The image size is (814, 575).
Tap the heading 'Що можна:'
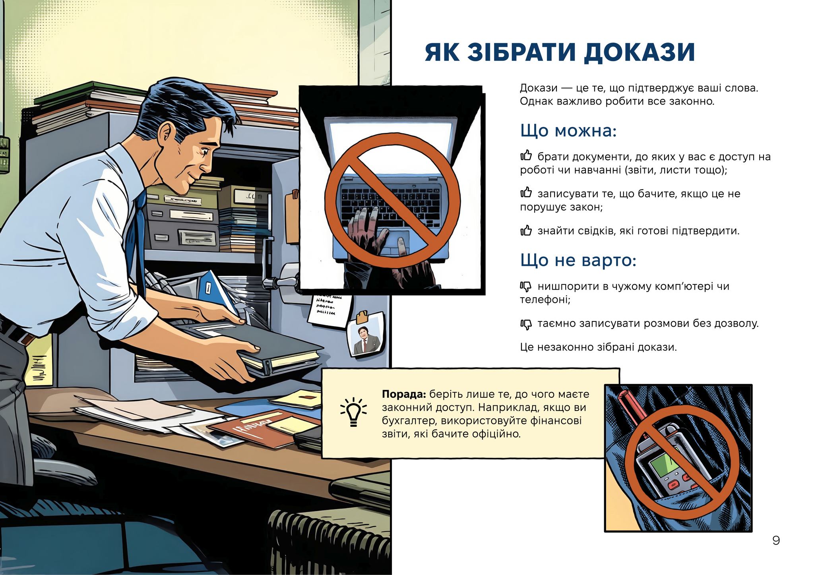[x=568, y=131]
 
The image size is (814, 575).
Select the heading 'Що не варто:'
[x=578, y=261]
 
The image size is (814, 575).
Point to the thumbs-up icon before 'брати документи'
[x=526, y=156]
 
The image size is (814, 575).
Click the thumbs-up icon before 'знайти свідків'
[x=526, y=230]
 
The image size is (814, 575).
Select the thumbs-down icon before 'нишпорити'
[x=526, y=287]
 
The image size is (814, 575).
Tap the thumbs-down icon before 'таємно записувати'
[x=526, y=324]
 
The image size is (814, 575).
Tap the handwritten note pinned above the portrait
[x=329, y=308]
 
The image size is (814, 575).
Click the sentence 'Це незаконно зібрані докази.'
[x=598, y=347]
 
